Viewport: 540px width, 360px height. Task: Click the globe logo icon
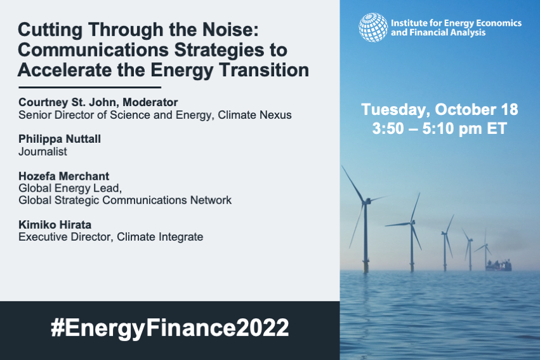(x=373, y=27)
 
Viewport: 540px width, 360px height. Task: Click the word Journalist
(x=43, y=152)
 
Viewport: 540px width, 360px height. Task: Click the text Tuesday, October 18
(x=439, y=109)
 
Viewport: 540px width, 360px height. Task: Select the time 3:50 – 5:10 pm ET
(x=439, y=128)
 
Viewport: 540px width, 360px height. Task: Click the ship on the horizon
(x=498, y=264)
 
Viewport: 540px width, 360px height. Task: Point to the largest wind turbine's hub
(x=365, y=201)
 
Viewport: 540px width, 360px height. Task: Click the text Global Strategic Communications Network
(x=125, y=200)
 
